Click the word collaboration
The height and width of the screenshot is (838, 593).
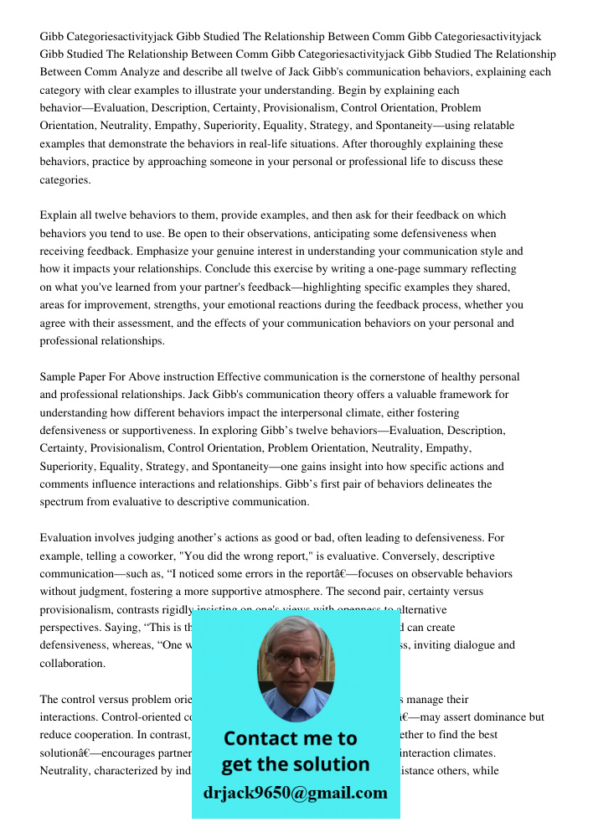tap(72, 663)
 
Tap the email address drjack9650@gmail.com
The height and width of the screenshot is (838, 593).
tap(295, 792)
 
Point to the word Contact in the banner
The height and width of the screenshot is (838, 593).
tap(266, 738)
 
